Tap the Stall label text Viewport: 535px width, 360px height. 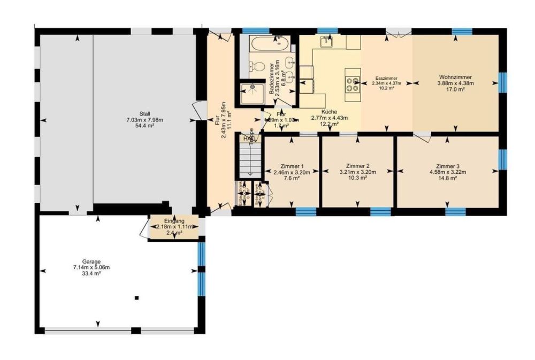(144, 113)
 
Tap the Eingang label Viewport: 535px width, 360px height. (174, 221)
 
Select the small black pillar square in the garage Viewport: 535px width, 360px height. (137, 297)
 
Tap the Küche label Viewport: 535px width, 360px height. (330, 112)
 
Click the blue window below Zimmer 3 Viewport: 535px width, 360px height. (456, 212)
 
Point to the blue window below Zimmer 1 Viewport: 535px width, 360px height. (307, 212)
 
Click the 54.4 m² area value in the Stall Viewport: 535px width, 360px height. (144, 126)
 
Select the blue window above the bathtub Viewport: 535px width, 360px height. (251, 31)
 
